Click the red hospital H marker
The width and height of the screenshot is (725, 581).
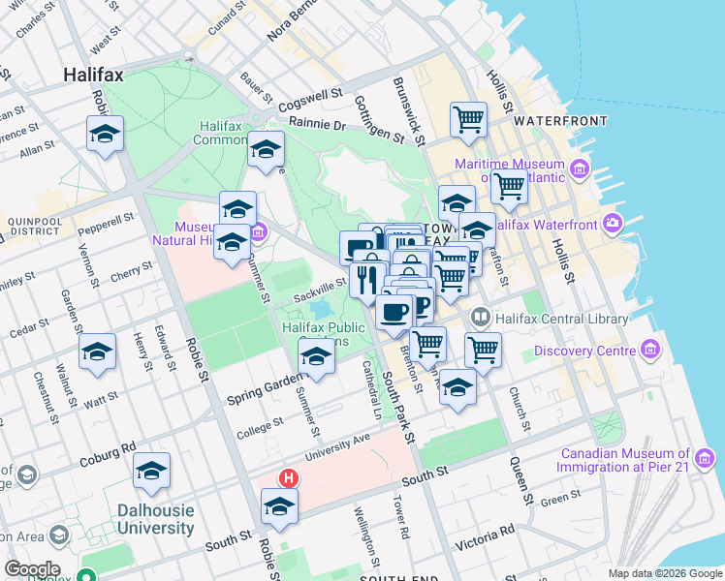288,478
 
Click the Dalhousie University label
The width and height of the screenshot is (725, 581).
155,519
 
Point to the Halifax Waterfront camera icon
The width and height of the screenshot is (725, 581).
613,225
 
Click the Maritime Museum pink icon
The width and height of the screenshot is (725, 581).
580,171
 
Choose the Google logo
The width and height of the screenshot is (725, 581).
32,569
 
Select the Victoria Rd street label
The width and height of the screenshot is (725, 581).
487,535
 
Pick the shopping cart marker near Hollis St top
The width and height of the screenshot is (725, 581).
468,120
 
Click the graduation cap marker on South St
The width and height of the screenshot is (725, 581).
279,507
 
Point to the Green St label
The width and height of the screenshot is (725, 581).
559,502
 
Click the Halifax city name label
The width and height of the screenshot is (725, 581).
93,74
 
